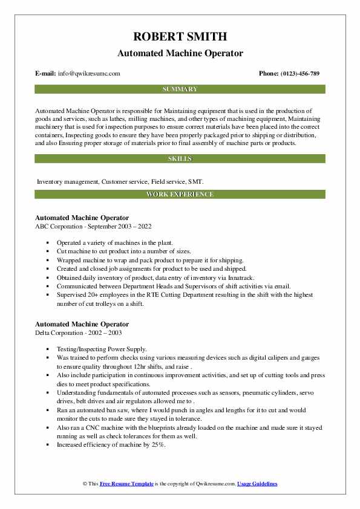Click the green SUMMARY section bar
pyautogui.click(x=180, y=89)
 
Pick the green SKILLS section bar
pyautogui.click(x=180, y=158)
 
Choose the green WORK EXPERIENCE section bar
pyautogui.click(x=180, y=194)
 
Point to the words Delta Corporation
pyautogui.click(x=61, y=332)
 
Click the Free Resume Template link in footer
pyautogui.click(x=126, y=484)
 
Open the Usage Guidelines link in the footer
pyautogui.click(x=257, y=484)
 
